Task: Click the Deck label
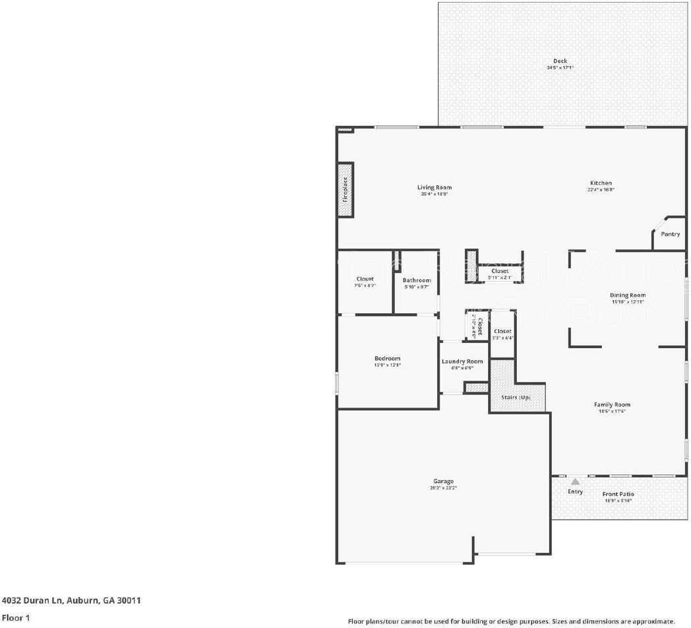coord(560,61)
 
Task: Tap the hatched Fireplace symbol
coord(344,189)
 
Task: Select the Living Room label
coord(435,187)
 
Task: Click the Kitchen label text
coord(601,183)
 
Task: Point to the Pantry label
coord(670,234)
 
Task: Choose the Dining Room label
coord(628,295)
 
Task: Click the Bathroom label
coord(417,280)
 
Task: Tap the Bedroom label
coord(387,358)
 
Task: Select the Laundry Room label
coord(462,361)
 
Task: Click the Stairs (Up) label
coord(516,397)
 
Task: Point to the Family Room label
coord(612,404)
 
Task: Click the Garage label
coord(443,481)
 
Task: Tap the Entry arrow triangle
coord(576,482)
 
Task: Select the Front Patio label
coord(618,494)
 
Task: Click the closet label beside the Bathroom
coord(365,279)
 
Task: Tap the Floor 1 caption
coord(16,618)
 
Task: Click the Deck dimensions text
coord(560,68)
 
